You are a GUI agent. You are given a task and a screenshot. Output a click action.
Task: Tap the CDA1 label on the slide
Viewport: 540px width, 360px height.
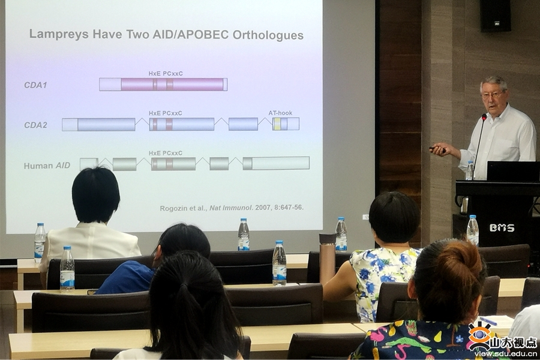point(35,85)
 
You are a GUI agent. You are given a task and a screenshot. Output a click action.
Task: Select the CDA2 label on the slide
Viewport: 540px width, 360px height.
point(35,125)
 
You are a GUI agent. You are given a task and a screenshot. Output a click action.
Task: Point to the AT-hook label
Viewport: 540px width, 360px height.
point(280,113)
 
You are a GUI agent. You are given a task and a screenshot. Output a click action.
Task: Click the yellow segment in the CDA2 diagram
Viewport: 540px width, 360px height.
point(277,124)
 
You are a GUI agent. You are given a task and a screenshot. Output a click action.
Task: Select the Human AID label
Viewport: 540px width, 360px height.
point(47,166)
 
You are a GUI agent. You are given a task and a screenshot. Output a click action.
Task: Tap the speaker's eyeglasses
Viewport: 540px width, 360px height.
point(493,94)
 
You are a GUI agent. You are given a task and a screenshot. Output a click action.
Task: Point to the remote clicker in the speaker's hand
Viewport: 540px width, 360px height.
point(437,149)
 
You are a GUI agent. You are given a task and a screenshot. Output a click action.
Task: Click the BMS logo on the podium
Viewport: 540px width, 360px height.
point(502,228)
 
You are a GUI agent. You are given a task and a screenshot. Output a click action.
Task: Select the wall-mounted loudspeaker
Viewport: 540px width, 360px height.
point(495,16)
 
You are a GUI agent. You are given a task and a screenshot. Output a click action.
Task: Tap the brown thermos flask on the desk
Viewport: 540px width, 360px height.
point(327,258)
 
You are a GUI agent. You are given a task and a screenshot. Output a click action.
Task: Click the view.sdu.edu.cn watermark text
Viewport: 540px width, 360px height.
point(506,354)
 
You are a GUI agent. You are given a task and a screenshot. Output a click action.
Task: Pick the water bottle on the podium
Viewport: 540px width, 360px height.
point(469,170)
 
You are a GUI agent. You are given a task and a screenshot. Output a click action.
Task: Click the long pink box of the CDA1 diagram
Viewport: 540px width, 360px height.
point(172,85)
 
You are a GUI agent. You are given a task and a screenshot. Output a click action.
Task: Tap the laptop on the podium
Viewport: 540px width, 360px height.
point(513,171)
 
